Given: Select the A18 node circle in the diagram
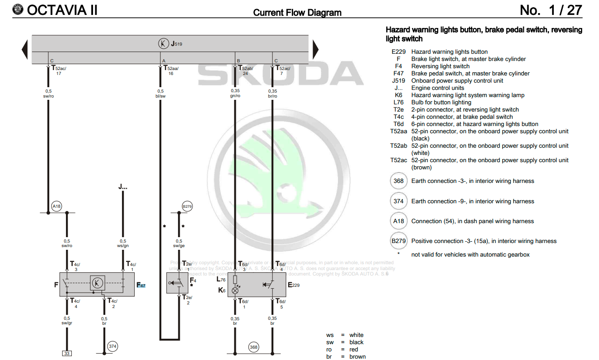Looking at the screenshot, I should [x=56, y=206].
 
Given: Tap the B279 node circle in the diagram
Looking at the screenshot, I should [x=187, y=206].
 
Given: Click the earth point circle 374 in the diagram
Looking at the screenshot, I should [x=112, y=346].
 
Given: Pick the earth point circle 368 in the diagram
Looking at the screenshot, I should [x=254, y=347].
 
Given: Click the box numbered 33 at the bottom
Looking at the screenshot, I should [x=67, y=353].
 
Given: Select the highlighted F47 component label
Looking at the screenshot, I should [x=141, y=285].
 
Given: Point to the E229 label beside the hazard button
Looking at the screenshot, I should [x=293, y=285].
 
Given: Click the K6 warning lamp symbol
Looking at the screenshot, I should [x=235, y=290].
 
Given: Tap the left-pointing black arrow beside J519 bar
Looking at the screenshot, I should [x=25, y=49].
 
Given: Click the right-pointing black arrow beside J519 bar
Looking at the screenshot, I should [x=316, y=49].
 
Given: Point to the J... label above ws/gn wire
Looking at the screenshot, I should [x=123, y=186].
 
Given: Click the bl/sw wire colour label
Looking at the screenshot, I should [x=160, y=96].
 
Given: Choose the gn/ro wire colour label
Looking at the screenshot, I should [x=235, y=96].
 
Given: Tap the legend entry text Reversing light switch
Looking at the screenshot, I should [x=440, y=66].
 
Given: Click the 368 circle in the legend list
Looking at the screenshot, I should [x=398, y=181].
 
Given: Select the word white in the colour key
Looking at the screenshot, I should [x=356, y=335].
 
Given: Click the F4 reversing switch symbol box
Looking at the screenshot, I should [x=177, y=283].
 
